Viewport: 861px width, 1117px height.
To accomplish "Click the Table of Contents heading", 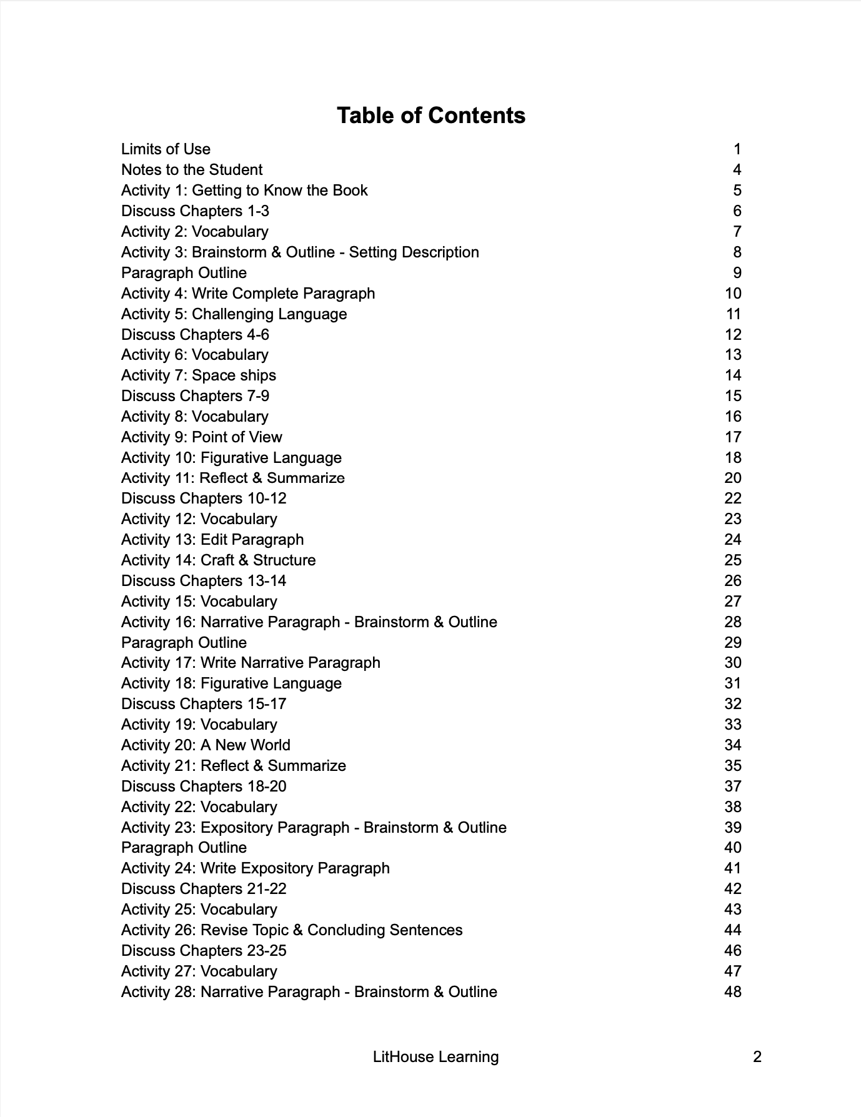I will coord(430,116).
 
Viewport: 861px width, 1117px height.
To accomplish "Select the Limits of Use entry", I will coord(166,149).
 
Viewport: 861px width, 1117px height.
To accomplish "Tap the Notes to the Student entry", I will coord(192,170).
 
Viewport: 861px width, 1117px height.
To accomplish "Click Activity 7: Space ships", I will coord(198,375).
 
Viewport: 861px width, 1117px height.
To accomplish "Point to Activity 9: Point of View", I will coord(201,437).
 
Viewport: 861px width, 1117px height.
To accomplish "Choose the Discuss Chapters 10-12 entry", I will coord(204,499).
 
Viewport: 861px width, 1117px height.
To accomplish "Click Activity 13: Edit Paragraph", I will coord(212,540).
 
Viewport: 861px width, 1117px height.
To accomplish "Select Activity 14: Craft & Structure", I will coord(218,560).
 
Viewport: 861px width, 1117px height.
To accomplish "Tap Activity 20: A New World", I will coord(206,745).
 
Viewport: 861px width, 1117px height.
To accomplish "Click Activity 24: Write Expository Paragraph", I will coord(255,868).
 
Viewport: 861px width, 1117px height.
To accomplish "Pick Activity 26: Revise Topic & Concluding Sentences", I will coord(292,930).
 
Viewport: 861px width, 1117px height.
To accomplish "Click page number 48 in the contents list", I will coord(732,992).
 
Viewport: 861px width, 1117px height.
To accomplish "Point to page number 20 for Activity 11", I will coord(732,478).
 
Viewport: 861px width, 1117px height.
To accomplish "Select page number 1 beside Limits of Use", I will coord(737,149).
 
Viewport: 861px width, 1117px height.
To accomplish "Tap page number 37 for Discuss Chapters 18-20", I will coord(732,787).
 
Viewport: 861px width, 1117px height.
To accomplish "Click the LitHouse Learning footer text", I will coord(435,1057).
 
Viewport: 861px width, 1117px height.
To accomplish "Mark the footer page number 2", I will coord(757,1057).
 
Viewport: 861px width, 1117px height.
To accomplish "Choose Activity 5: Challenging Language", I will coord(234,314).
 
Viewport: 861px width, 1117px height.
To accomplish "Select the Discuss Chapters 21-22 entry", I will coord(204,889).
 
